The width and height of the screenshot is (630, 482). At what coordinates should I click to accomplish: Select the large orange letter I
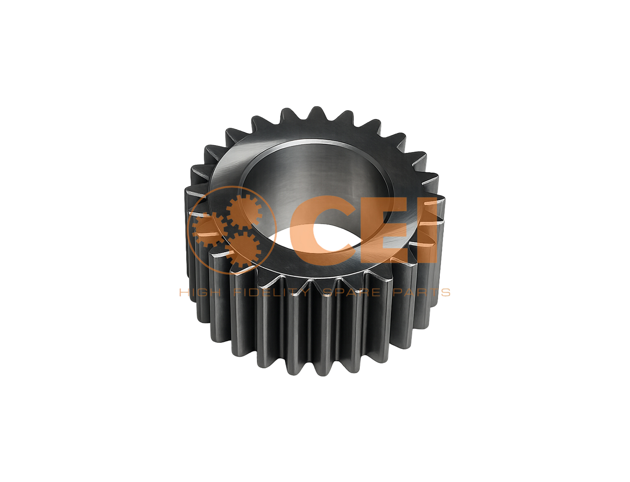[431, 229]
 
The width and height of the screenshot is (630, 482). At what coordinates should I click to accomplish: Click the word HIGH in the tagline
[200, 293]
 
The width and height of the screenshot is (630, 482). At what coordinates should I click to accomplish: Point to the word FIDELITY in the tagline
[272, 293]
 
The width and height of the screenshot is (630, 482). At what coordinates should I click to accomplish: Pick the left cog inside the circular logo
[208, 230]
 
